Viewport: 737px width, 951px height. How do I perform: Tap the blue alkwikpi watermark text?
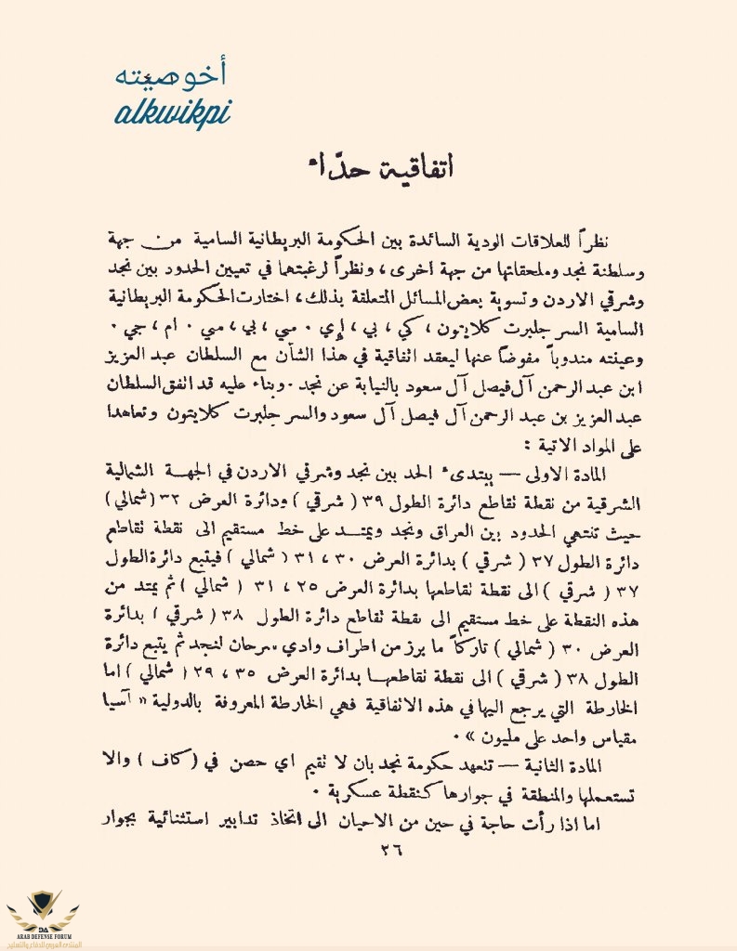pyautogui.click(x=174, y=113)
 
